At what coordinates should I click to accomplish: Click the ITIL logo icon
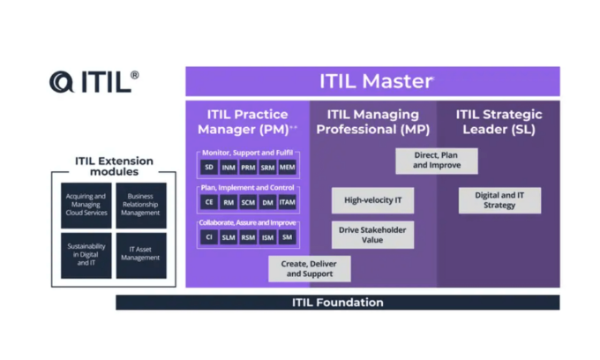[63, 82]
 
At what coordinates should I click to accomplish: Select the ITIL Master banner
[371, 81]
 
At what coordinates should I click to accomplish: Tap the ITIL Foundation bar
[337, 303]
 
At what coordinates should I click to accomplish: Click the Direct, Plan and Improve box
[436, 161]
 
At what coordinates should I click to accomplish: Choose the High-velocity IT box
[372, 200]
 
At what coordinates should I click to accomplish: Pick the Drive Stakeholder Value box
[372, 235]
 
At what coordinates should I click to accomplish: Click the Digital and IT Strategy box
[499, 200]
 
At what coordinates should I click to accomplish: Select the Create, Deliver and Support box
[309, 269]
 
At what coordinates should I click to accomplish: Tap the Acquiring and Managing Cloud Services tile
[86, 206]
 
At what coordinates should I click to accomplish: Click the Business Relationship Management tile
[141, 206]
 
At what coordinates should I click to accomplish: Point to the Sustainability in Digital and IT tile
[86, 255]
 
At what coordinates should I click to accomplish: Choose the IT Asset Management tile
[141, 255]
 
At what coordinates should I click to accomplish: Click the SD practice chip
[209, 167]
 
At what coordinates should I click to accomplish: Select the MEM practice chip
[288, 167]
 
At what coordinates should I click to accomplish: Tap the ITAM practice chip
[288, 202]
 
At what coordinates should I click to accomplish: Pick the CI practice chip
[209, 237]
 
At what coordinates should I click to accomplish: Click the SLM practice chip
[229, 237]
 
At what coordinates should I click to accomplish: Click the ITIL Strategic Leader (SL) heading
[499, 122]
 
